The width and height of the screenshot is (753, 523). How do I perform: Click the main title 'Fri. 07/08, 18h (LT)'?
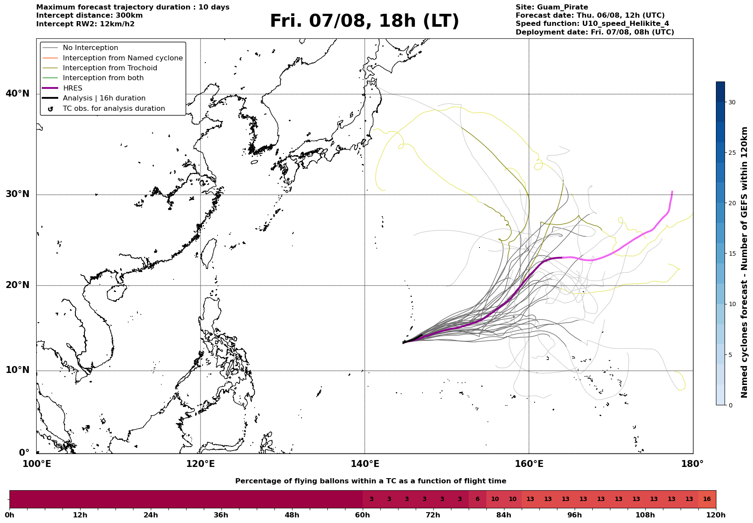point(364,21)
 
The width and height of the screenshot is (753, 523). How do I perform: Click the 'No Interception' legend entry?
point(90,48)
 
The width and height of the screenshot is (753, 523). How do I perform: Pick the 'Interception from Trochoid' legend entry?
point(110,68)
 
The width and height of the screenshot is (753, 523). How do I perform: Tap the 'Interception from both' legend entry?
point(103,78)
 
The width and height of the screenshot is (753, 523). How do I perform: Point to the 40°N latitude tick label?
point(18,94)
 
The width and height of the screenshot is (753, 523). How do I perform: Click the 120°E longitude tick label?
point(200,464)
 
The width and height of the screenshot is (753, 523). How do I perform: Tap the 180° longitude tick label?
point(693,464)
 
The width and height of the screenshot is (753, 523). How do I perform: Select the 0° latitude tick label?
point(24,453)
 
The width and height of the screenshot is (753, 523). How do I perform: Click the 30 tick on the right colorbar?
point(732,102)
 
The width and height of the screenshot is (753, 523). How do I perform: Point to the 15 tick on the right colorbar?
point(732,254)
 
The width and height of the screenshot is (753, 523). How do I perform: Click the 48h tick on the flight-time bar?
point(292,515)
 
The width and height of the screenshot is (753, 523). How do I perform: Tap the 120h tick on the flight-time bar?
point(716,515)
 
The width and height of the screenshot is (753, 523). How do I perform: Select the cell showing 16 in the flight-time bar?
point(707,499)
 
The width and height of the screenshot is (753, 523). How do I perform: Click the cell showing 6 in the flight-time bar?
point(477,499)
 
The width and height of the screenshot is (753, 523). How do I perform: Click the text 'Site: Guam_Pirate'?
point(552,7)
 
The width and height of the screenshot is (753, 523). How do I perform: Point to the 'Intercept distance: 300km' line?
point(90,16)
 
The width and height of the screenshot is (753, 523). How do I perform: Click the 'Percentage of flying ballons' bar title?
point(370,481)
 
